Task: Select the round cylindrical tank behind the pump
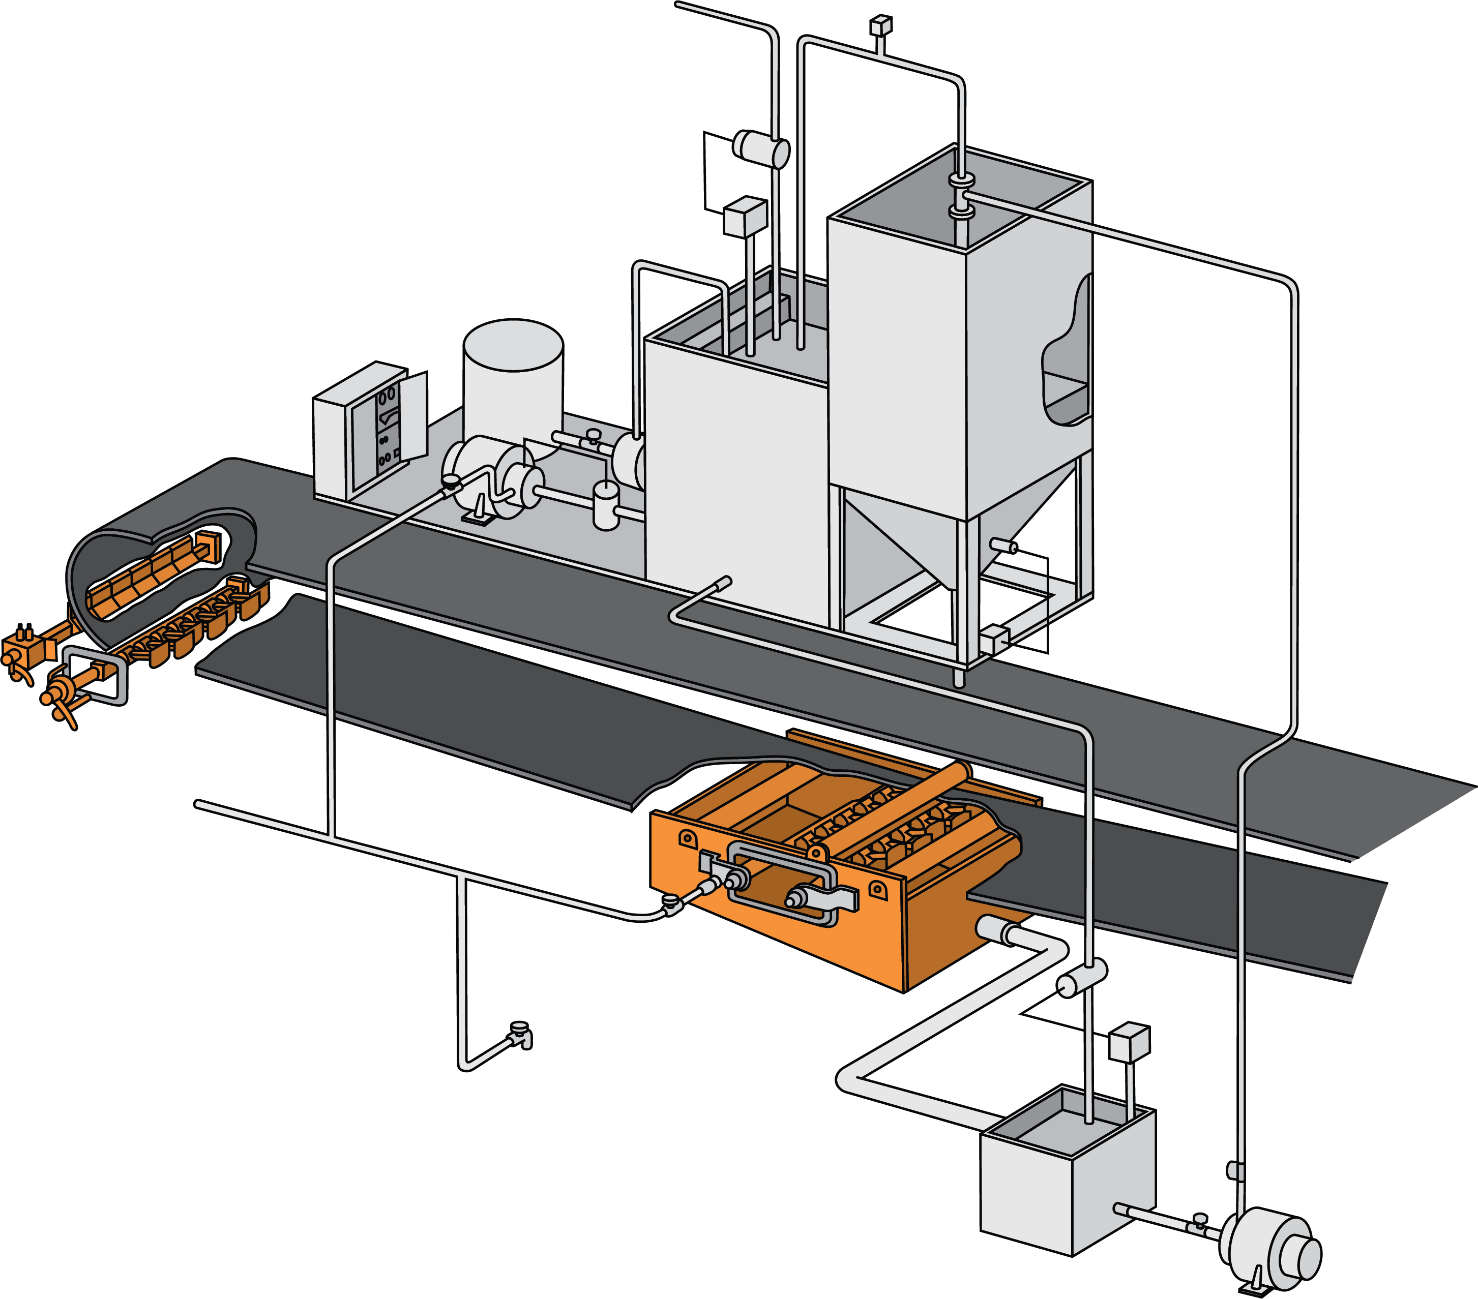(513, 383)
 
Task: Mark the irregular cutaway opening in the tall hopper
(1067, 354)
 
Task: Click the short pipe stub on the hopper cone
(1004, 546)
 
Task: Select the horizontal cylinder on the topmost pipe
(761, 148)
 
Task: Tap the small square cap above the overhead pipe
(881, 26)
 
